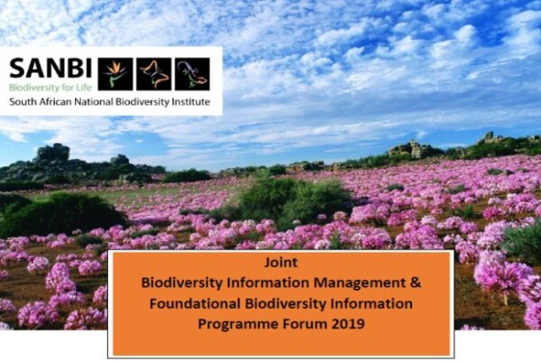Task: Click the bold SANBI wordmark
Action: (x=50, y=68)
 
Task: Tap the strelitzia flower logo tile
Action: (x=115, y=74)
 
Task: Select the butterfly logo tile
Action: (x=154, y=74)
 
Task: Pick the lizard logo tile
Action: (x=193, y=74)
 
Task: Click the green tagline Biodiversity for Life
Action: (x=50, y=88)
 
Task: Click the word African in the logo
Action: (x=53, y=102)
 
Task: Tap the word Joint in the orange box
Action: (x=280, y=263)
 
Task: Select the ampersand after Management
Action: (x=416, y=282)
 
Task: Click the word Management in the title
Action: (x=360, y=283)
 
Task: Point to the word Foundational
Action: (x=195, y=303)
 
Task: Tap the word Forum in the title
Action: (x=305, y=324)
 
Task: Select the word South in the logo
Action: (x=21, y=102)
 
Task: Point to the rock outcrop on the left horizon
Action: (x=51, y=153)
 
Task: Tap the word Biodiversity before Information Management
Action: (x=182, y=283)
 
